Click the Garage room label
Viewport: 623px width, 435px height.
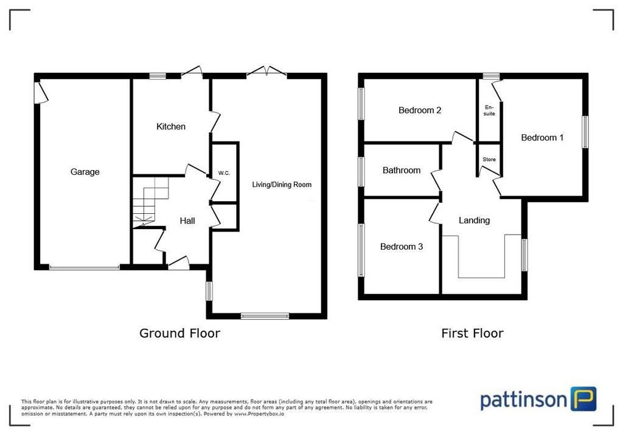pyautogui.click(x=85, y=172)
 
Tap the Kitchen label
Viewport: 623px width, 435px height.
pyautogui.click(x=171, y=126)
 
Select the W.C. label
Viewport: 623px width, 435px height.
pyautogui.click(x=224, y=173)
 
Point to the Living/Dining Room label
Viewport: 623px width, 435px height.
pyautogui.click(x=282, y=185)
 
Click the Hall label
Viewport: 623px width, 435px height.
pyautogui.click(x=187, y=221)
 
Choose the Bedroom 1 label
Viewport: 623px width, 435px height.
pyautogui.click(x=542, y=138)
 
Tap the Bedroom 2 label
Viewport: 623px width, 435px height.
pyautogui.click(x=420, y=111)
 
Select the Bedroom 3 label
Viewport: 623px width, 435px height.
pyautogui.click(x=402, y=247)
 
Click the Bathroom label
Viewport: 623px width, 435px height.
pyautogui.click(x=402, y=170)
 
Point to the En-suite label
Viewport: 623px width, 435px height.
pyautogui.click(x=489, y=111)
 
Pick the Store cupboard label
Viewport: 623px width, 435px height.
pyautogui.click(x=489, y=159)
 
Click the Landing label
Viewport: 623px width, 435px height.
pyautogui.click(x=474, y=221)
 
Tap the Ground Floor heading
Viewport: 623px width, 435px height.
pyautogui.click(x=179, y=333)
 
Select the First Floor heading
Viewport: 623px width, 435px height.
pyautogui.click(x=472, y=333)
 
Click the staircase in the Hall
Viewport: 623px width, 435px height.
pyautogui.click(x=150, y=202)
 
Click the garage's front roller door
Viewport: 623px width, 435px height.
pyautogui.click(x=84, y=267)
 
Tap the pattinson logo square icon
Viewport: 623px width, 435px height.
pyautogui.click(x=583, y=399)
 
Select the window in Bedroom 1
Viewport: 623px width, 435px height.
pyautogui.click(x=585, y=132)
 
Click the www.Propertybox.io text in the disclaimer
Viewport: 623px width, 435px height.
pyautogui.click(x=259, y=414)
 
